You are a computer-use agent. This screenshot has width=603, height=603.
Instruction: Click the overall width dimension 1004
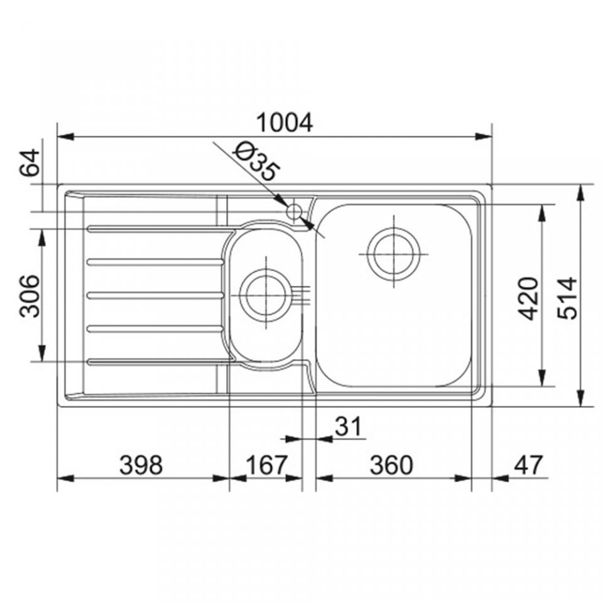click(x=285, y=122)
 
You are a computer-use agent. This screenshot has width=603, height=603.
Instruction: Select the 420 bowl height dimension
click(x=528, y=298)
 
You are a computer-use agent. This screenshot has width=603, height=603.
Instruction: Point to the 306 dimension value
click(x=30, y=295)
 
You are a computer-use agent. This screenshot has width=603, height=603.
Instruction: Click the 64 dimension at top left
click(x=30, y=162)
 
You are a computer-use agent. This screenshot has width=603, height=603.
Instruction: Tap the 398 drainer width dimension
click(x=141, y=465)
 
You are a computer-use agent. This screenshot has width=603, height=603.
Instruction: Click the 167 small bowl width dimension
click(x=266, y=465)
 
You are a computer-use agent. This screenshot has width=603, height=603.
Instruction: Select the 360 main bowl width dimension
click(x=391, y=465)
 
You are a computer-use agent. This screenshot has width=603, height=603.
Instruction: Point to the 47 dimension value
click(x=528, y=465)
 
